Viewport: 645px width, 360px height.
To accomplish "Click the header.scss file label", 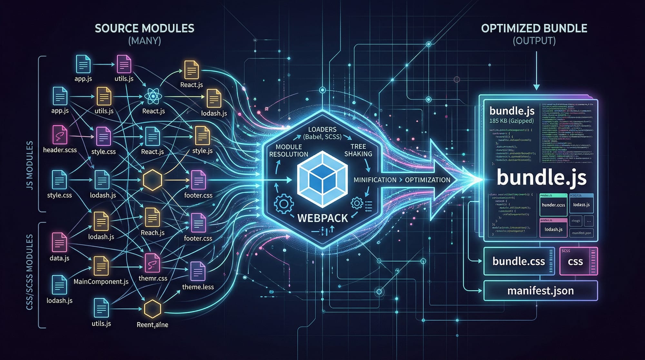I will [60, 150].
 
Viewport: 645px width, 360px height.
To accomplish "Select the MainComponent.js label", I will [101, 282].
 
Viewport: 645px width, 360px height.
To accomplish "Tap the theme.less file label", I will [198, 287].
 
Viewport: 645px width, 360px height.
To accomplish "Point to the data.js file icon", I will [59, 242].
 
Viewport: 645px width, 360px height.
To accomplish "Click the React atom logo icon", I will [153, 96].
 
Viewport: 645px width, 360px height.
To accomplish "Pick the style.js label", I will [202, 151].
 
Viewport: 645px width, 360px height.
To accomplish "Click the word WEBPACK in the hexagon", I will [322, 218].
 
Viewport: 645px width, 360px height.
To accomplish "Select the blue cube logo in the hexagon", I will [322, 179].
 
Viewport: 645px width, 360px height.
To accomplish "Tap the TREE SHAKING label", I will [358, 150].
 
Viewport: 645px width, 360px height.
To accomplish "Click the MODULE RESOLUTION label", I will [289, 151].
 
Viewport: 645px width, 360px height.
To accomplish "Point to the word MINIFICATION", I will [375, 180].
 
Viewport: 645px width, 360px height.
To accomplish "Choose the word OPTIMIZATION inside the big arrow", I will [428, 180].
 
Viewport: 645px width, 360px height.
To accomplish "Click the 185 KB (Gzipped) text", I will [511, 121].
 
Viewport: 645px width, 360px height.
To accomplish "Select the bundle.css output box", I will [519, 261].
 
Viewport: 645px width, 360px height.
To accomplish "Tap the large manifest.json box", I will [540, 291].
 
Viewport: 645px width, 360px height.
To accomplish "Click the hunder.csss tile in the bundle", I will [553, 205].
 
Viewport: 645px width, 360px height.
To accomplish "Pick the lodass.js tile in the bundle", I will [581, 205].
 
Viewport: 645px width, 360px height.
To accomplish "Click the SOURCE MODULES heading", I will [144, 28].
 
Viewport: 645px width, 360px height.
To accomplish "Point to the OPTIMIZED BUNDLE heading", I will [534, 28].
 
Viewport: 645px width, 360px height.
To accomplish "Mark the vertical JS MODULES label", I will [30, 165].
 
